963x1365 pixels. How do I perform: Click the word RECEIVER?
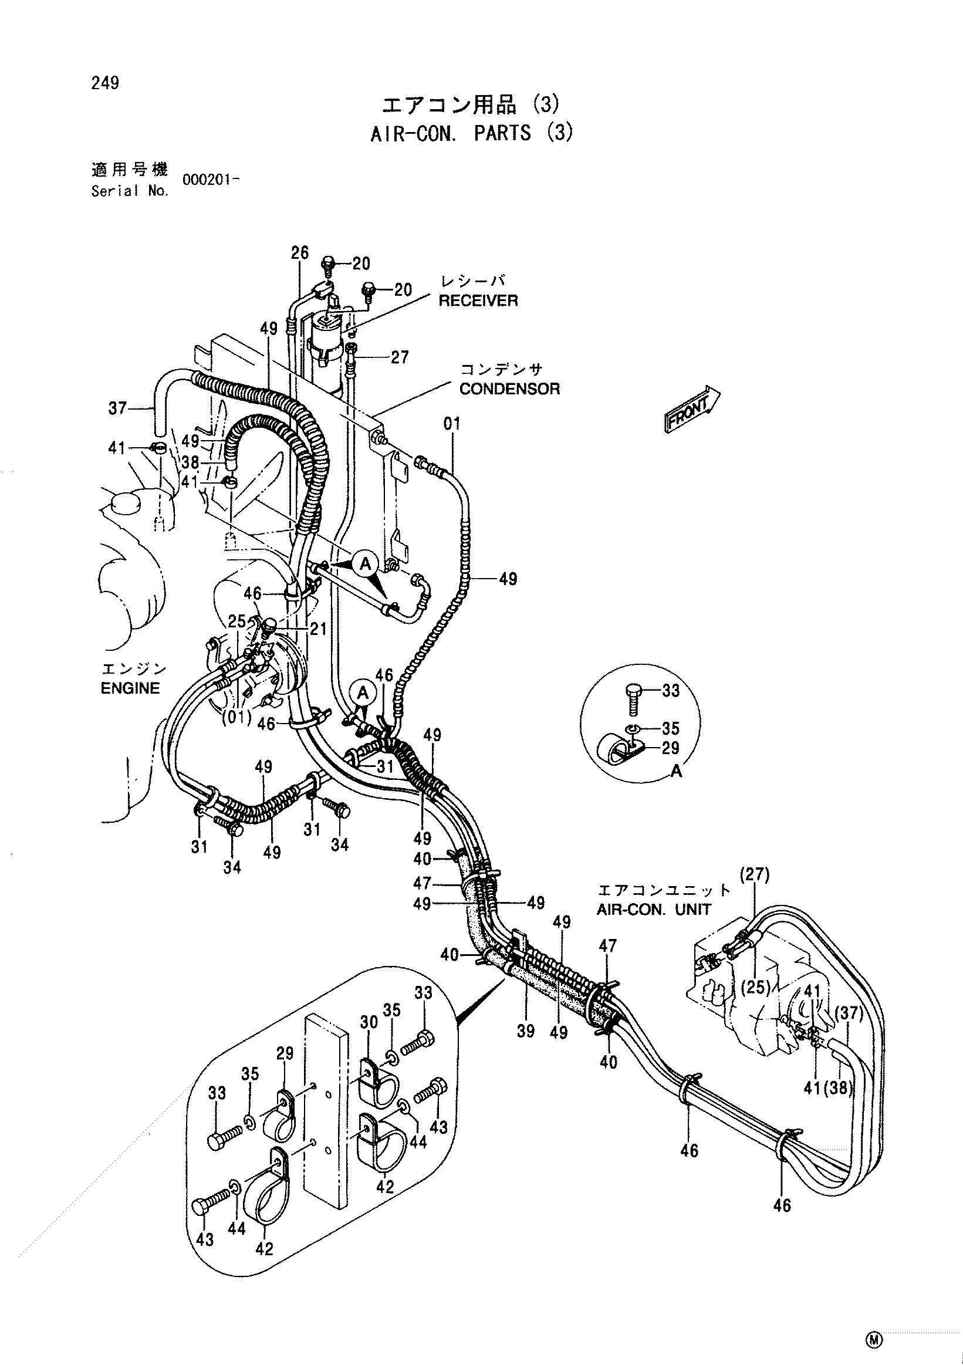click(478, 301)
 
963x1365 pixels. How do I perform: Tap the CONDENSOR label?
click(509, 389)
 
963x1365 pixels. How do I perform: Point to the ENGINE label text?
click(130, 688)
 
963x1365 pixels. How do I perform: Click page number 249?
click(105, 83)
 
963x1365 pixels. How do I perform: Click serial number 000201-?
click(211, 180)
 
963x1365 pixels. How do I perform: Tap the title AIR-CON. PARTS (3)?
click(472, 133)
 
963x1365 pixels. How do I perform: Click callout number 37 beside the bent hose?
click(117, 408)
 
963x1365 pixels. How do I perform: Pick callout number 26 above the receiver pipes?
click(300, 253)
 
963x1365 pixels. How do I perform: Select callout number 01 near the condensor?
click(452, 424)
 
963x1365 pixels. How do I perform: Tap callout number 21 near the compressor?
click(318, 629)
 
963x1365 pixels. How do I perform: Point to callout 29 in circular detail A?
click(671, 748)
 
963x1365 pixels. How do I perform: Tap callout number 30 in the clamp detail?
click(369, 1022)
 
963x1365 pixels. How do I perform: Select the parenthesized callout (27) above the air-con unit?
click(754, 874)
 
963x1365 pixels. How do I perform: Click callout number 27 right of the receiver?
click(400, 357)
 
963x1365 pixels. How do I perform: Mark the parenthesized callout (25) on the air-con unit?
click(755, 988)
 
